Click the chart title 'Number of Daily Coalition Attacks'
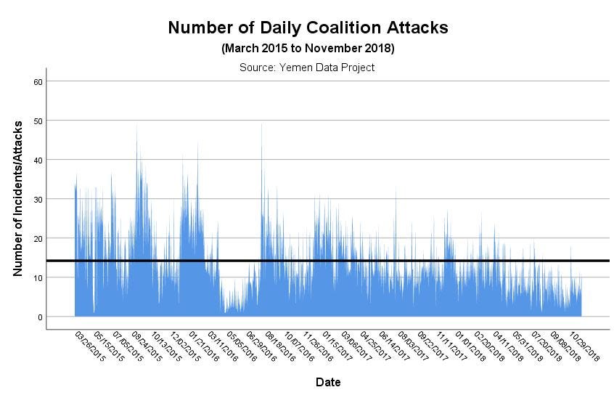tap(308, 28)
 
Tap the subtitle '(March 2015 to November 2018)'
tap(308, 49)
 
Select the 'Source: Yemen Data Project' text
tap(307, 68)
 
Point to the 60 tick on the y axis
tap(38, 81)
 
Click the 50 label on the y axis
tap(38, 121)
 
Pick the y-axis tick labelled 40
tap(38, 160)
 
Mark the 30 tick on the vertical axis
tap(38, 199)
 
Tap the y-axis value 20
tap(38, 238)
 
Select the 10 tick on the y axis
tap(38, 277)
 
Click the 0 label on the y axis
tap(41, 317)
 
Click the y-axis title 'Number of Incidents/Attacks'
tap(18, 198)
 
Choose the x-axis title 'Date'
tap(328, 382)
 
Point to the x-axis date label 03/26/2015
tap(89, 347)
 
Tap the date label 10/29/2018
tap(584, 347)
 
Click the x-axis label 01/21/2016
tap(203, 347)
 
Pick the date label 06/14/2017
tap(394, 347)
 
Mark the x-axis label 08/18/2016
tap(280, 347)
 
